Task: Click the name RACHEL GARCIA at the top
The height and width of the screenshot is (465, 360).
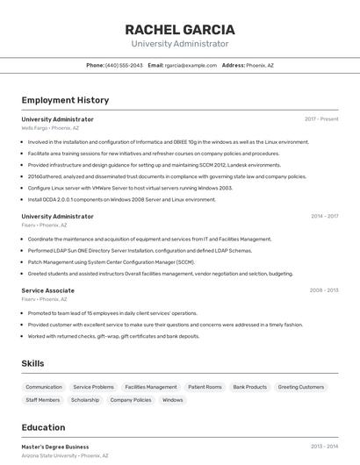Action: coord(180,29)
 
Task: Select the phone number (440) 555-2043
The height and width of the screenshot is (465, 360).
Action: coord(124,66)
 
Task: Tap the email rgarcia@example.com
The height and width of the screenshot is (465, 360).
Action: coord(191,66)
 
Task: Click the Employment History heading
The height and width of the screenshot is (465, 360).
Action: coord(65,100)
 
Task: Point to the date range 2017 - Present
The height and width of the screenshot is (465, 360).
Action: coord(321,119)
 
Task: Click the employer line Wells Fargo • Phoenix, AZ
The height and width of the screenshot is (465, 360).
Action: coord(50,128)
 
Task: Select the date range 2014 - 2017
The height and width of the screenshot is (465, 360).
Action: coord(324,216)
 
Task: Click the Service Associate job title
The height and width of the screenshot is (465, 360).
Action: coord(47,290)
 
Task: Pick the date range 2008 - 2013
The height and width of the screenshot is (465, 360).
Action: coord(324,290)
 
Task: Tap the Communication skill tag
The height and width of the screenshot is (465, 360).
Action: coord(44,387)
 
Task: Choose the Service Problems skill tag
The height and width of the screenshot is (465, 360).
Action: coord(93,387)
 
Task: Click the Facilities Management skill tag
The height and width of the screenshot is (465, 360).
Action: coord(151,387)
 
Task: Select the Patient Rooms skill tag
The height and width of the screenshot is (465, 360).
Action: coord(205,387)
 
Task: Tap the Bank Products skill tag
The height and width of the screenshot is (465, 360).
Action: coord(250,387)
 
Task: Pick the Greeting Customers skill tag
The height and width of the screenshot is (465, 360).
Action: coord(301,387)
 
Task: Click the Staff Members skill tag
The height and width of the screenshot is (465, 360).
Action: coord(43,400)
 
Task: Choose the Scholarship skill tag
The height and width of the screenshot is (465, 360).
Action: coord(85,400)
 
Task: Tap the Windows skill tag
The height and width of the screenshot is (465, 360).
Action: coord(173,400)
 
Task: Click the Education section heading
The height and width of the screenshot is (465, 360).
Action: coord(43,427)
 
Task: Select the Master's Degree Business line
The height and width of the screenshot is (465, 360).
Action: coord(55,447)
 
